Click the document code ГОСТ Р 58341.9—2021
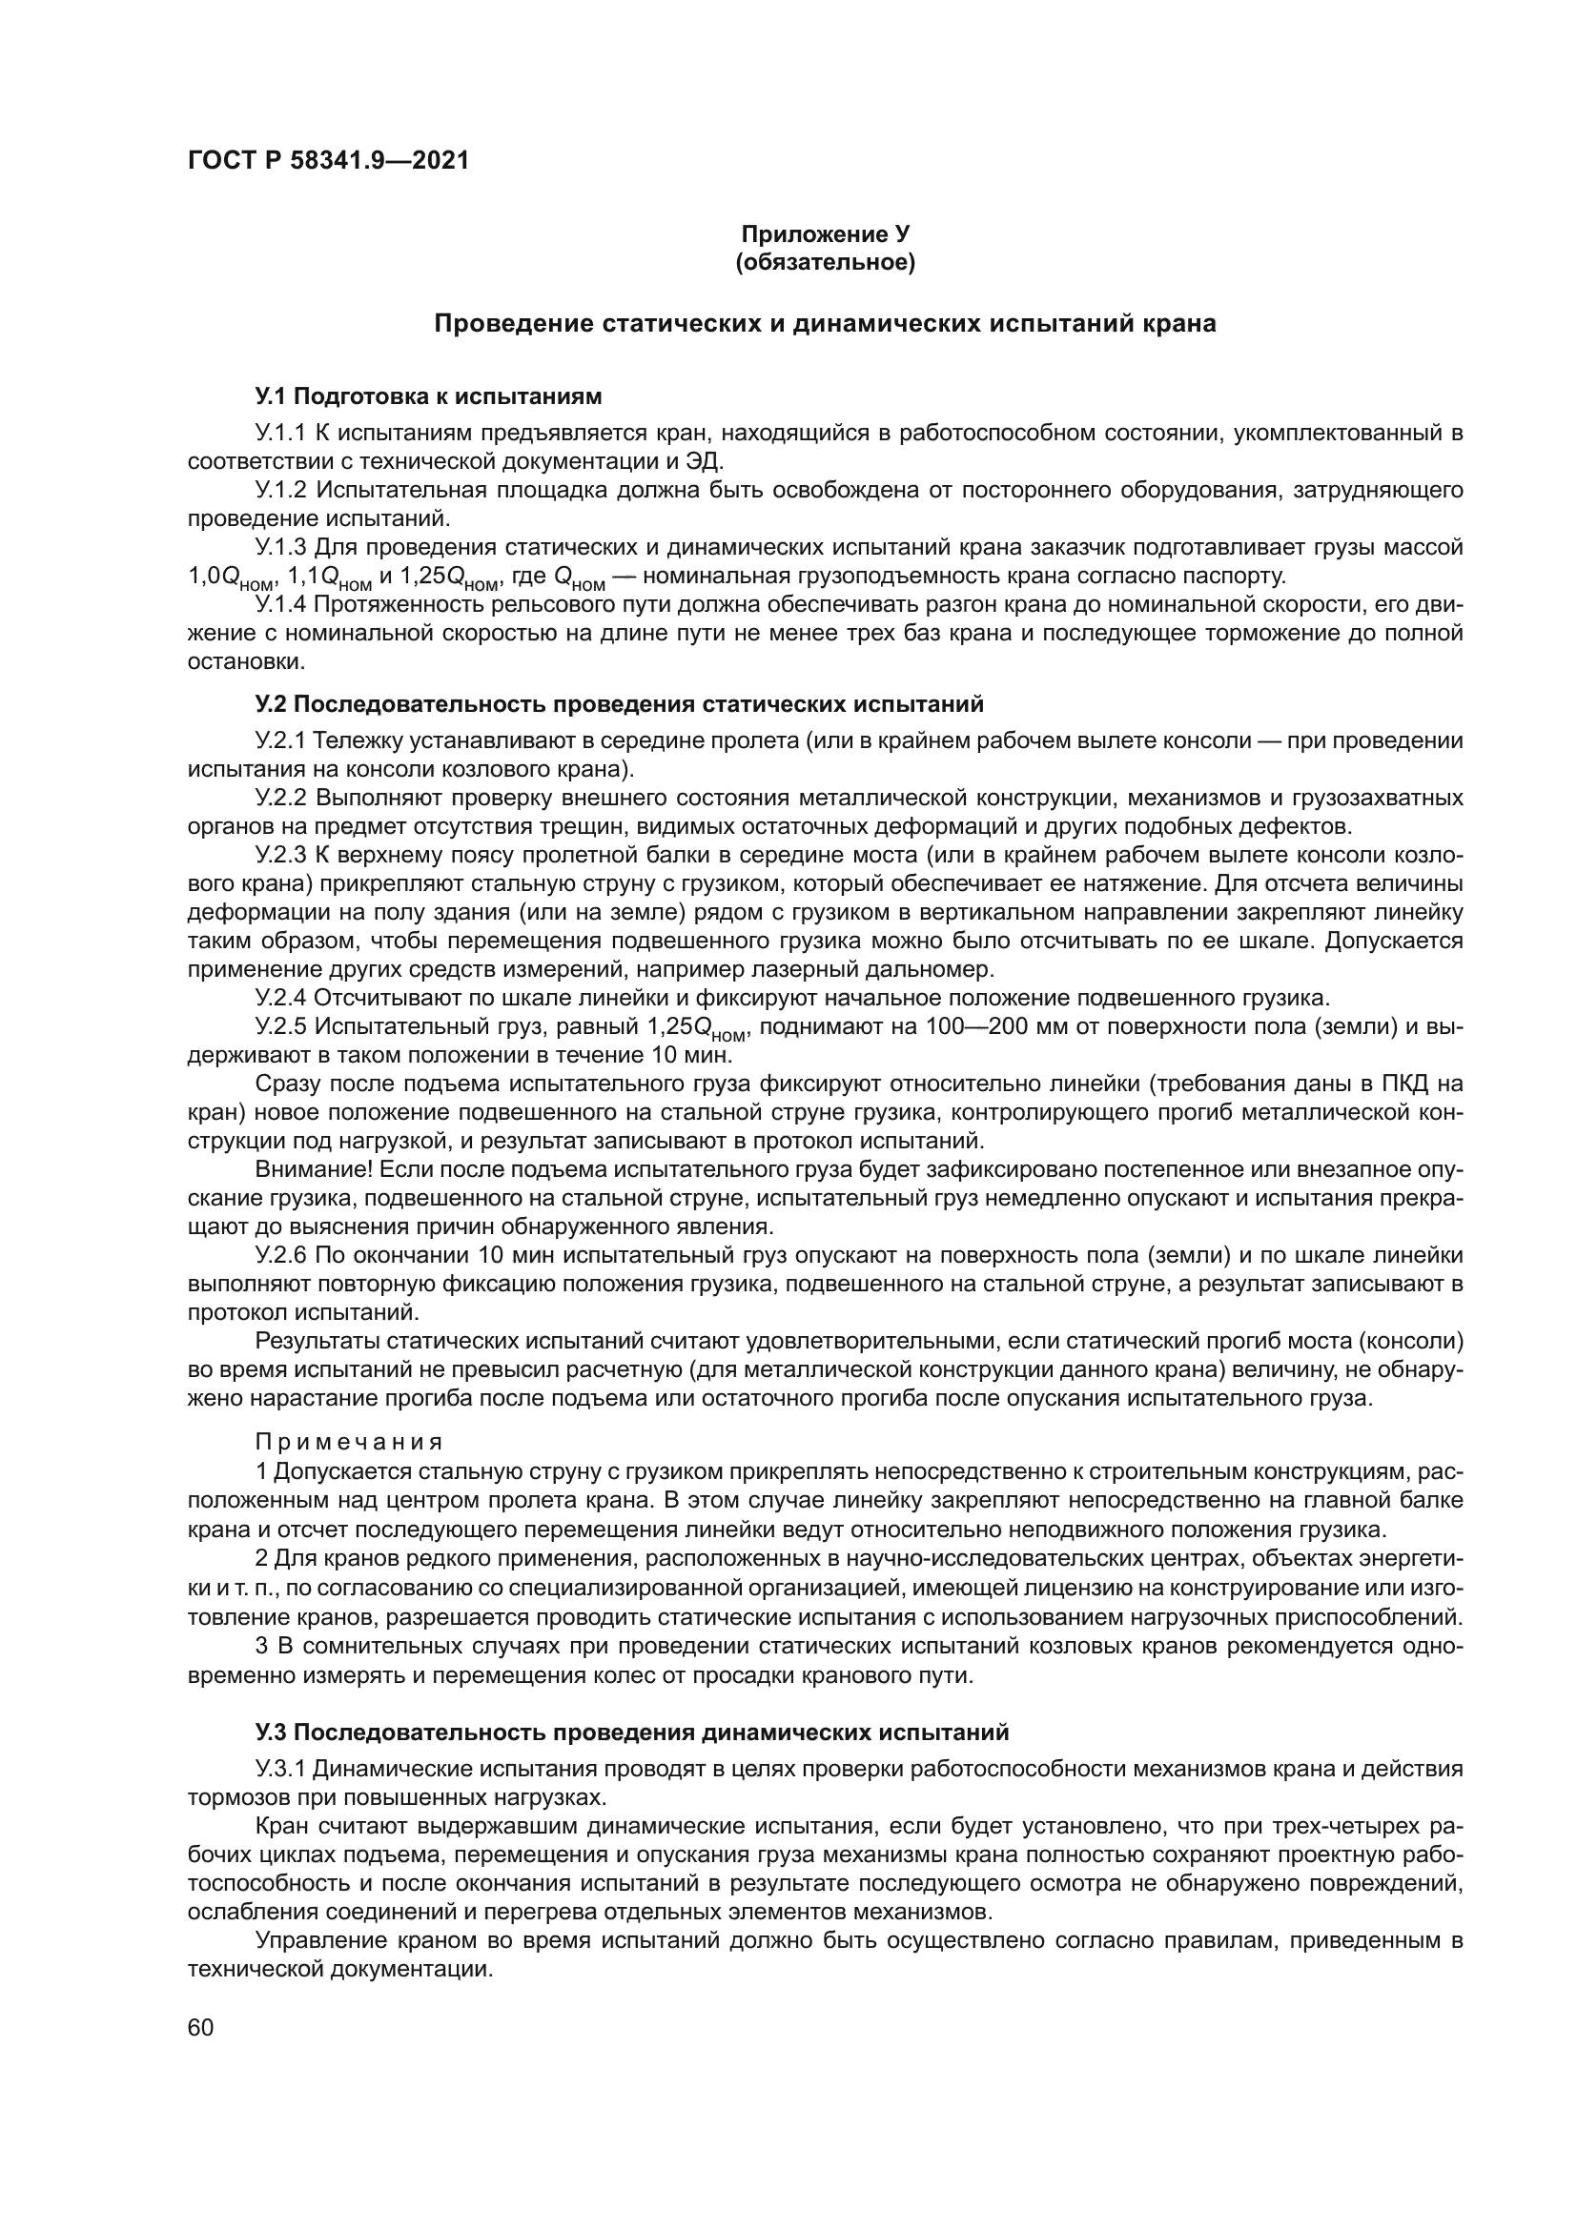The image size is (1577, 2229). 328,161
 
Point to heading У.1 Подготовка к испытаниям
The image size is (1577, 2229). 428,396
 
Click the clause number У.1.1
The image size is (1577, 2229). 279,432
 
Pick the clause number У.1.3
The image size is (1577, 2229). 279,548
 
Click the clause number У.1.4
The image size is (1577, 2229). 279,606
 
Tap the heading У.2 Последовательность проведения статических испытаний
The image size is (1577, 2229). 620,704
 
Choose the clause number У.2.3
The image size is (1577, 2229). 279,855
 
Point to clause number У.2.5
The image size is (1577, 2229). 279,1026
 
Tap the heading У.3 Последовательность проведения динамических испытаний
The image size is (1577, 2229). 632,1733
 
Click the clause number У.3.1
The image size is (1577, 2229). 279,1769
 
